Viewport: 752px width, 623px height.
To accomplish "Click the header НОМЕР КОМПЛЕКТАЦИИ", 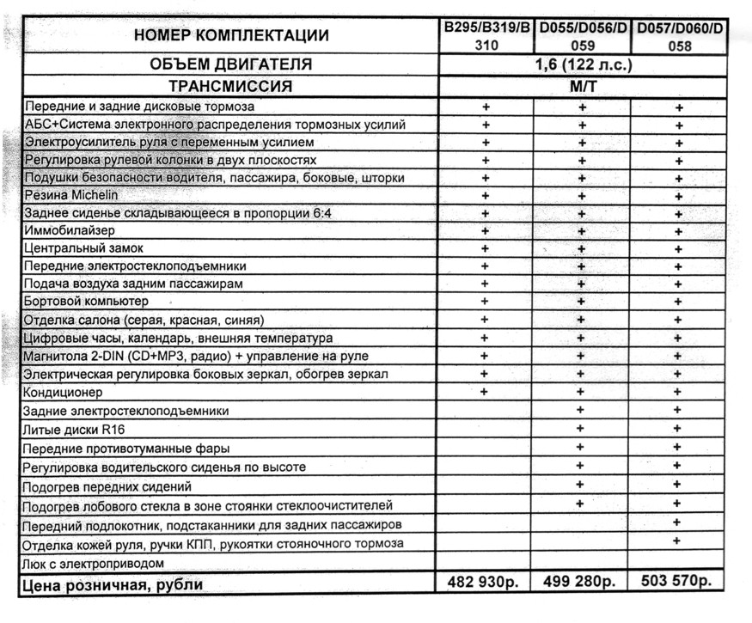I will tap(231, 35).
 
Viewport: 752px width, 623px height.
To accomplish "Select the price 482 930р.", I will tap(485, 583).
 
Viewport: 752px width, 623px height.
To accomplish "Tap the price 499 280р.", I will tap(580, 583).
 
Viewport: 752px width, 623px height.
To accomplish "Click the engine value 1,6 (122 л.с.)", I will tap(583, 65).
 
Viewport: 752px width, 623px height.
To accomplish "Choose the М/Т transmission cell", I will tap(582, 87).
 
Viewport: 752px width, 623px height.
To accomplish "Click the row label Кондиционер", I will tap(64, 393).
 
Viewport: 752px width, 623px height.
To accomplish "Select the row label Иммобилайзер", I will tap(70, 231).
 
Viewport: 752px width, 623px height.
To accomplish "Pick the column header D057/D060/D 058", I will tap(679, 37).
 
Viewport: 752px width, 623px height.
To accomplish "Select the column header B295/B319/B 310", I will tap(486, 37).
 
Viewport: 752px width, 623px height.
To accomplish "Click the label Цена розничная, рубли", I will tap(113, 586).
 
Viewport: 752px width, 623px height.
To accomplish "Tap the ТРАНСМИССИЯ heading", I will tap(230, 87).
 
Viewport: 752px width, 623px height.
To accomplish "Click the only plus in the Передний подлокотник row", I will tap(678, 522).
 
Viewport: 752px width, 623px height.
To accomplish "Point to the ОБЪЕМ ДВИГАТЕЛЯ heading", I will tap(230, 65).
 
